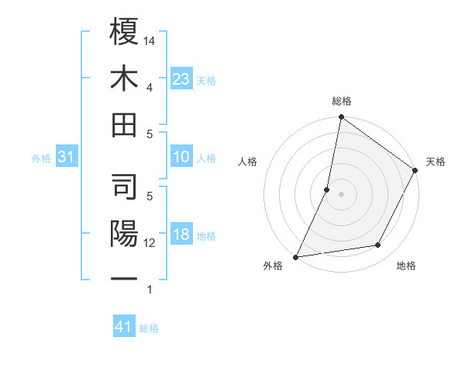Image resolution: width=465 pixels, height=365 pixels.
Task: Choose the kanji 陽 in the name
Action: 124,233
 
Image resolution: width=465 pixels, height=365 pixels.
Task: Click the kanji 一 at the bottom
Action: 124,278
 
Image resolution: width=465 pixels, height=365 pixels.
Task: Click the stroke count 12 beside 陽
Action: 150,243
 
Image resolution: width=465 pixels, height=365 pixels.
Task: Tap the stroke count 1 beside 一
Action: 149,290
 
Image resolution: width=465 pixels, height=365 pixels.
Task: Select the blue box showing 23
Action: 181,79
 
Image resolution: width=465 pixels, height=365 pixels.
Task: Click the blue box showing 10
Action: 181,158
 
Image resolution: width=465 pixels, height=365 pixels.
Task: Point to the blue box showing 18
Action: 181,235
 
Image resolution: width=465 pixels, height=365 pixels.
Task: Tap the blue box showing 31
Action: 66,158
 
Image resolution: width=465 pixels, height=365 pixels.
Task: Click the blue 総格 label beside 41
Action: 149,328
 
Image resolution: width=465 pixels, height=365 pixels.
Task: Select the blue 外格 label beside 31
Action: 41,158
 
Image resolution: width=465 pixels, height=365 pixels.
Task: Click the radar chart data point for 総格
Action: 341,118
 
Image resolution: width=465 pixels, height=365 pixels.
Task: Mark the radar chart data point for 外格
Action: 296,256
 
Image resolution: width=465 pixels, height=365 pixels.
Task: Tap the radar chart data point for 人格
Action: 327,189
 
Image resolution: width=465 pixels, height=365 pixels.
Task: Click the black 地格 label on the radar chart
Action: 406,266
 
